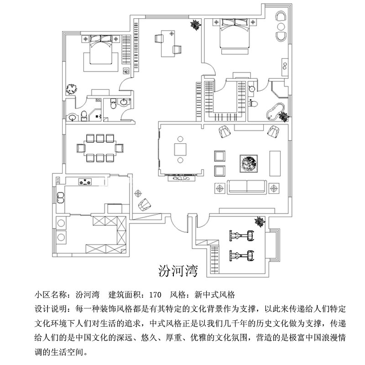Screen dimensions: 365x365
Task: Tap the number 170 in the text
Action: [x=155, y=294]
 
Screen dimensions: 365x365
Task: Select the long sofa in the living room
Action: [x=246, y=186]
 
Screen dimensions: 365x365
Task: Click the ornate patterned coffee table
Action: [x=249, y=163]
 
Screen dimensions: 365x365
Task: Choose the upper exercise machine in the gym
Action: [x=240, y=236]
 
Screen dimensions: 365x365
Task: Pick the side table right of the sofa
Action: [x=273, y=187]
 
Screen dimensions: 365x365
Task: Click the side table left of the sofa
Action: [x=220, y=187]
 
